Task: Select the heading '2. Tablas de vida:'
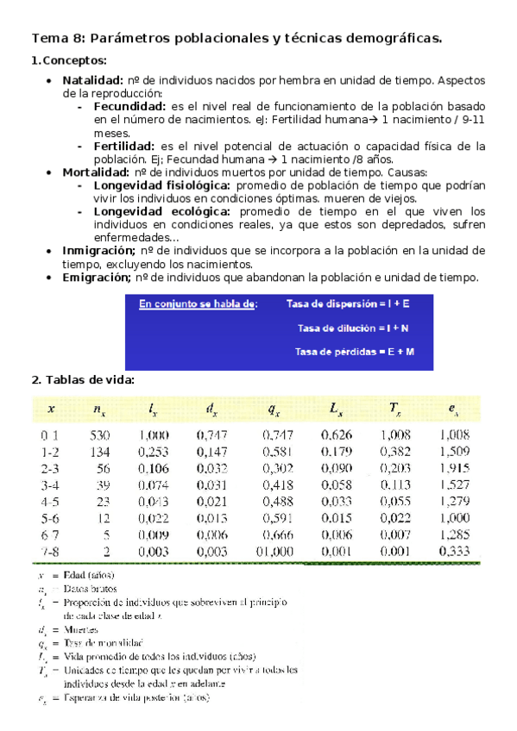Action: click(x=83, y=380)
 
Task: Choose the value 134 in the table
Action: click(x=101, y=451)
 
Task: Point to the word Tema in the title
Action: click(x=49, y=38)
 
